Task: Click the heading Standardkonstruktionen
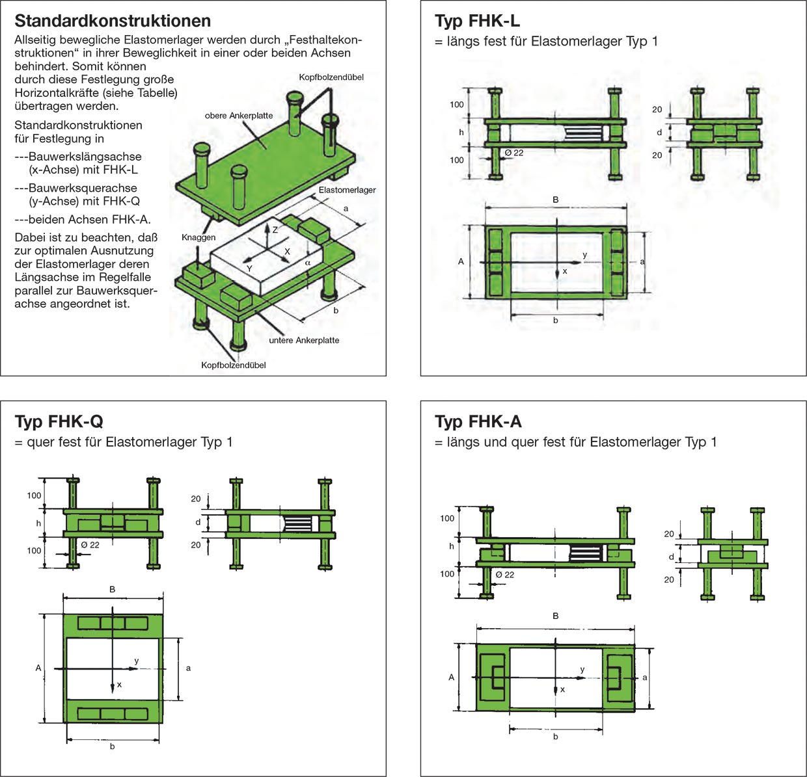click(113, 21)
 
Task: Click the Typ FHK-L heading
click(477, 21)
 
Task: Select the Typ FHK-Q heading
click(59, 422)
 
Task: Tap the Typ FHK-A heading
click(478, 422)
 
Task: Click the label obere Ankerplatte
click(239, 116)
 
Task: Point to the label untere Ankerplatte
click(304, 340)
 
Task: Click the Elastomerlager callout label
click(347, 190)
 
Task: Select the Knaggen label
click(198, 237)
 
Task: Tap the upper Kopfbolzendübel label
click(331, 77)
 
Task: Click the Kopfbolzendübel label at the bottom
click(234, 365)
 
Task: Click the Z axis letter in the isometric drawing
click(275, 230)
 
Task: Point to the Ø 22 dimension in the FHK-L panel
click(514, 153)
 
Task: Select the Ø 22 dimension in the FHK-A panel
click(504, 575)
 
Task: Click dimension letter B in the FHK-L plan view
click(555, 200)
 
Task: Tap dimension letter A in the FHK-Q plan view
click(38, 668)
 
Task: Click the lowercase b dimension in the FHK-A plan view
click(555, 737)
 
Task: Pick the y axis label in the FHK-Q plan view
click(137, 661)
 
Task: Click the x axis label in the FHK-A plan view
click(563, 689)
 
